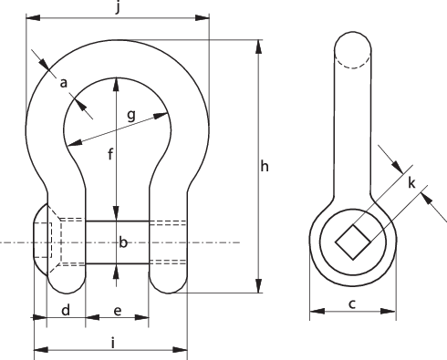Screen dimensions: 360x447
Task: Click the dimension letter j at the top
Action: pos(118,9)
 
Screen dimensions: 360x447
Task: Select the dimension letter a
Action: pos(64,83)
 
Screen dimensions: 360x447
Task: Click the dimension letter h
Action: pos(265,166)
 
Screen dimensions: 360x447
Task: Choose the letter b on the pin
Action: pos(123,242)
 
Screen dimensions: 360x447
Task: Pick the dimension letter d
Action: pos(66,311)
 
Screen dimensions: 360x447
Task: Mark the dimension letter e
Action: pos(117,311)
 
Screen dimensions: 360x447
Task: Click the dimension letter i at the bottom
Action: pos(111,343)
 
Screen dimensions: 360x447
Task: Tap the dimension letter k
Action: pos(412,183)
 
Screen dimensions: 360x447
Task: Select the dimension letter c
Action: pos(352,304)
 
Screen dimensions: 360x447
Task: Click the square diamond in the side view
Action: pos(352,243)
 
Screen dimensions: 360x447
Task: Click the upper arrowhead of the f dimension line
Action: pos(117,84)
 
